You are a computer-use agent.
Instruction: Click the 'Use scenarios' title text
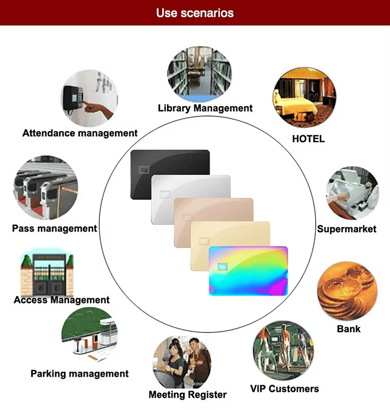194,13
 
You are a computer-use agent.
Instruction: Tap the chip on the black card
144,170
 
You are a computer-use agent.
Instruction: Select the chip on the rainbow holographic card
223,267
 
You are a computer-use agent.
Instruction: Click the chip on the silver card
165,195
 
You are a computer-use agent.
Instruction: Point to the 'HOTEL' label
308,139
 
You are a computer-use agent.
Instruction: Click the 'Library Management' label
205,108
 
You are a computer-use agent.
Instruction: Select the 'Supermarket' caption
347,229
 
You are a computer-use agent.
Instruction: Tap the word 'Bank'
349,329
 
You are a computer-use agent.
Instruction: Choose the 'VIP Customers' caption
284,389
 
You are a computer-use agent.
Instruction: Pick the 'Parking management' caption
80,374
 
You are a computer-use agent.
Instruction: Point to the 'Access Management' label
62,300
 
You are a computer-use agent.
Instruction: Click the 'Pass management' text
55,228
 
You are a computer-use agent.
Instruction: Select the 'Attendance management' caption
80,133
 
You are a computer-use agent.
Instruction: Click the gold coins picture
347,291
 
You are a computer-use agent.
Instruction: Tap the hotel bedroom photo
305,97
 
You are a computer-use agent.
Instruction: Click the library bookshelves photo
200,74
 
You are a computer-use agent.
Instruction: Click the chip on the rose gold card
187,217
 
